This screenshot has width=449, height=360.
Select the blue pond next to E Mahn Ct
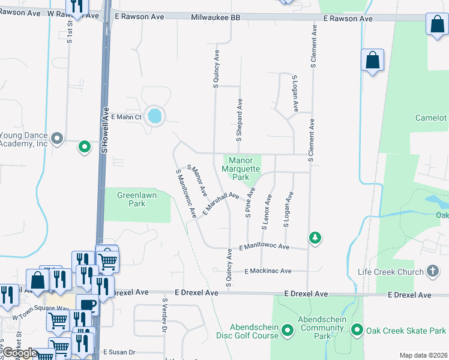tap(155, 115)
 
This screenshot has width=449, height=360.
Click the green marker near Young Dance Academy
tap(85, 146)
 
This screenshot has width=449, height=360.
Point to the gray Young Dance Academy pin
tap(57, 139)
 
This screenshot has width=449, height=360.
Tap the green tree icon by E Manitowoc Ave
tap(315, 238)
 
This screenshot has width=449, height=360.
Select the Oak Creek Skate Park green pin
tap(357, 330)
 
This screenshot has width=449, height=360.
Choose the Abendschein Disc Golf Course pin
tap(288, 330)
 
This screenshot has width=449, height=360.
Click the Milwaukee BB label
tap(215, 19)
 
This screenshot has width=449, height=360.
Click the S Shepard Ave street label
tap(239, 120)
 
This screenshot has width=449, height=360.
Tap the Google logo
tap(19, 353)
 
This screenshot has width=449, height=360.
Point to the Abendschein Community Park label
tap(322, 328)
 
